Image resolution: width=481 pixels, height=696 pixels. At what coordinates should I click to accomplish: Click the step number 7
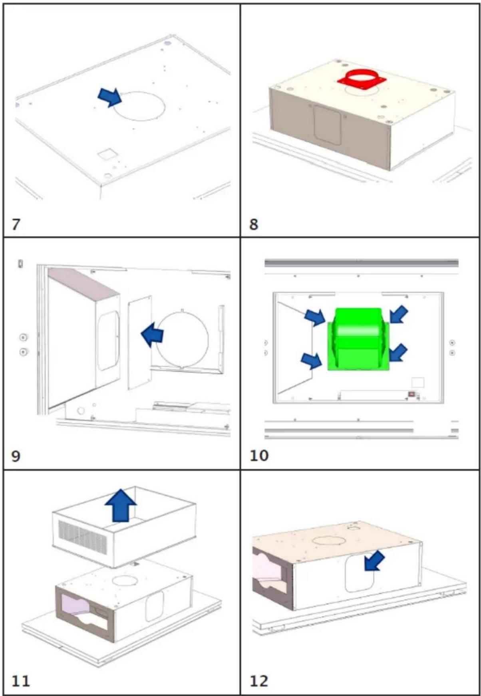pos(16,224)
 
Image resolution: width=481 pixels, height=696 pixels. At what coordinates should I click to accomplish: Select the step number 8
pos(254,224)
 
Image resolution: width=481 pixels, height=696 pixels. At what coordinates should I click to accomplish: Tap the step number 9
pos(16,456)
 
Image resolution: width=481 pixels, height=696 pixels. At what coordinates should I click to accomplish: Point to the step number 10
pos(259,455)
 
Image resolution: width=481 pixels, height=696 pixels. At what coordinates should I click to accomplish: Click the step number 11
pos(20,681)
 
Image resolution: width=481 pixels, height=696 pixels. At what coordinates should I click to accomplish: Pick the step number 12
pos(259,681)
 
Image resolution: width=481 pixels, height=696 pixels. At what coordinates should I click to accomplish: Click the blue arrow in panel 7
pos(110,97)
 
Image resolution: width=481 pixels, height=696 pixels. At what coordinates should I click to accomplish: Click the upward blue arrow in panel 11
pos(121,506)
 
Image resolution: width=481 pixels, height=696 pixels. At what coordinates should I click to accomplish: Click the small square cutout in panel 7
pos(106,154)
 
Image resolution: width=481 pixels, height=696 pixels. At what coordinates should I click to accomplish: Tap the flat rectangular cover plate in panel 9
pos(140,342)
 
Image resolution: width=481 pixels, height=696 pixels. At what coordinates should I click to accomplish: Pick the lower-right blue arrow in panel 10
pos(398,353)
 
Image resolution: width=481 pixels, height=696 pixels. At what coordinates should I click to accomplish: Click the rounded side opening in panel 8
pos(327,125)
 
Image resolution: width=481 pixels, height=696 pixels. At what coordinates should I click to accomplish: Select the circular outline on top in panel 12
pos(326,541)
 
